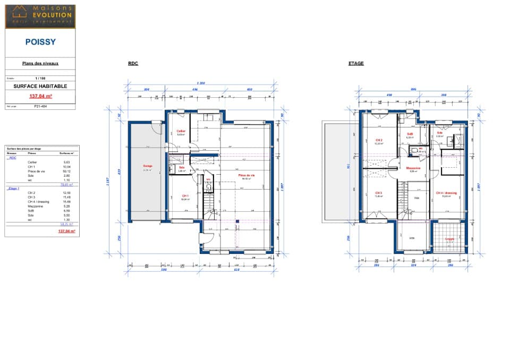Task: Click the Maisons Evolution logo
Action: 40,16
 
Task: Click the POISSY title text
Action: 40,41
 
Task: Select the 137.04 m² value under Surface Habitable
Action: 40,96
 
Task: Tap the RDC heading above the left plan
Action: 133,63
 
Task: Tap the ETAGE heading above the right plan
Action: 356,63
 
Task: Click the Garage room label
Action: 147,166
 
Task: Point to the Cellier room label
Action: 181,131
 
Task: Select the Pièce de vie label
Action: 246,176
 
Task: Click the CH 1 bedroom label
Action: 184,196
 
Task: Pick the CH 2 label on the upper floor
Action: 379,140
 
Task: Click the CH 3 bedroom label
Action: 378,193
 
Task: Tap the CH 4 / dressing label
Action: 446,193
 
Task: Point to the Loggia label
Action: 449,239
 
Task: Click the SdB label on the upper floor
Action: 410,134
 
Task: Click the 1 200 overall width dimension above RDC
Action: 201,83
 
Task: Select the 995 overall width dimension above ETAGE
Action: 413,89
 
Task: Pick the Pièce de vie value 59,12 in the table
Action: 67,171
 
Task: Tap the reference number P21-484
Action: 40,106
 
